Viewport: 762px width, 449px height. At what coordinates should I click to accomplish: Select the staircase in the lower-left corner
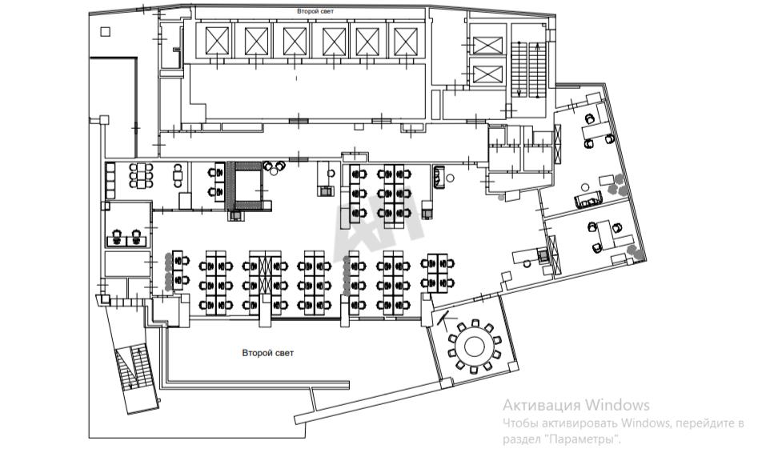131,371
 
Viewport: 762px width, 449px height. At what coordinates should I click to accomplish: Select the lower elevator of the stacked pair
485,75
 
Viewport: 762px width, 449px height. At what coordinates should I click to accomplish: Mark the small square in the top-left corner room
105,31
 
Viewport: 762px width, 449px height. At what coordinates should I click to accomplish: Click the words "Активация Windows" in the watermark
576,405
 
